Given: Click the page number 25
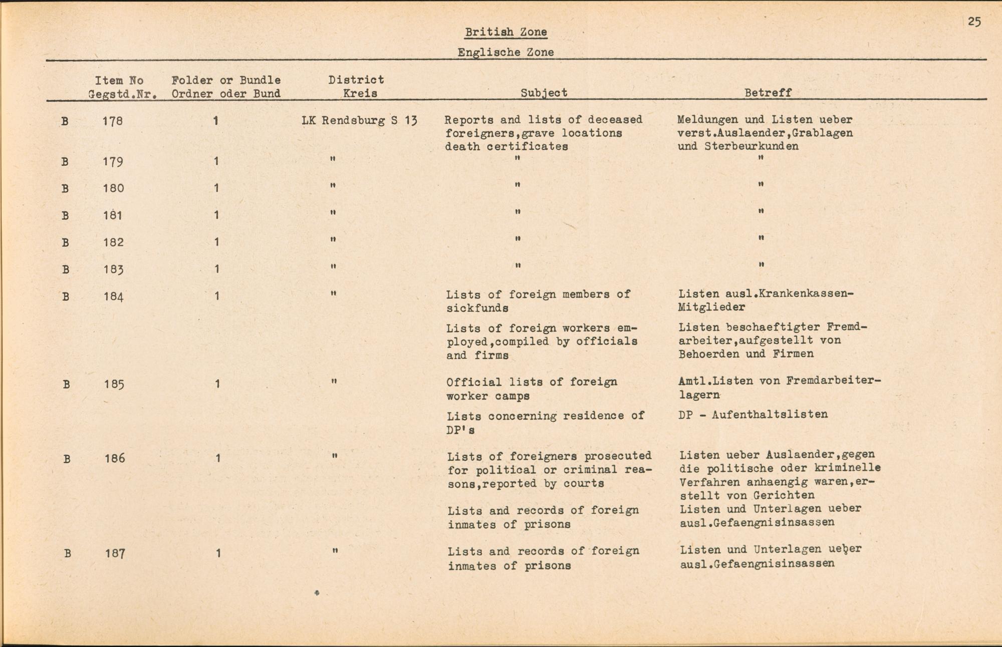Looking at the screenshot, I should [x=974, y=22].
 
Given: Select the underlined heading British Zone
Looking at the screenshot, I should [x=506, y=32].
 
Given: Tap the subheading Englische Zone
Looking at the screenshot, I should [x=506, y=52].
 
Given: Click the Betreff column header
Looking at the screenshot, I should [x=768, y=93].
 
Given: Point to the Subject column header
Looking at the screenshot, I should [x=544, y=93].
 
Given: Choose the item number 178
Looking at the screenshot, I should [x=113, y=121].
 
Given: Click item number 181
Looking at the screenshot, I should [x=113, y=215].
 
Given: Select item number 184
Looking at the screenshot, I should [x=113, y=296].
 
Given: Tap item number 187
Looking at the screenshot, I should [x=115, y=553].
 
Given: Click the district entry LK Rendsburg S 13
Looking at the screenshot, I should [x=359, y=121].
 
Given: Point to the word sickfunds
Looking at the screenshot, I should [x=477, y=308].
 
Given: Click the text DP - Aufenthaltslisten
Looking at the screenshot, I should [x=753, y=415].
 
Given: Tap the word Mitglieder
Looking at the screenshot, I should [x=711, y=307].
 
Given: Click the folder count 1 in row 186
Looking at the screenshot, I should [x=218, y=458].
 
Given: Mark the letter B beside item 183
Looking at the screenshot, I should [x=65, y=269].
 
